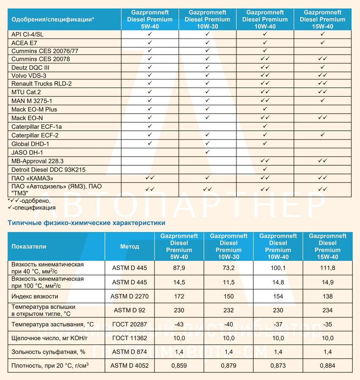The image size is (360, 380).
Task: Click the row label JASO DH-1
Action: click(x=27, y=152)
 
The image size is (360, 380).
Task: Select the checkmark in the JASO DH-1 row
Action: click(x=208, y=152)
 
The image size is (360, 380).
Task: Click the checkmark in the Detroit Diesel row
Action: click(x=265, y=169)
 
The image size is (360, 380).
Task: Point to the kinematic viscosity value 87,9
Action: click(x=179, y=268)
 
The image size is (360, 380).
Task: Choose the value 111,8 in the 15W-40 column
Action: click(x=327, y=268)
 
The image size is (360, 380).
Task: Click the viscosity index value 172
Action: click(x=179, y=296)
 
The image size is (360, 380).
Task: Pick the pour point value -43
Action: click(x=179, y=324)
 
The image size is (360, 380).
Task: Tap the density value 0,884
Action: click(x=327, y=366)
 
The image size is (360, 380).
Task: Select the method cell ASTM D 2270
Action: click(x=129, y=296)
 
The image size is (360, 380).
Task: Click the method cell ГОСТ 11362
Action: click(x=129, y=338)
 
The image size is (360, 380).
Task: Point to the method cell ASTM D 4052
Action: click(x=129, y=366)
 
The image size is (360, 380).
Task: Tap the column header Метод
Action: click(x=129, y=246)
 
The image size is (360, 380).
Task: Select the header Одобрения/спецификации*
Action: click(x=53, y=19)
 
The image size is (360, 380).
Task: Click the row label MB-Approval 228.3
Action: click(x=38, y=161)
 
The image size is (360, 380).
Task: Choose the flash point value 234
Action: click(x=327, y=310)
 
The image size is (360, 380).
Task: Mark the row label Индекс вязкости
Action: click(x=35, y=296)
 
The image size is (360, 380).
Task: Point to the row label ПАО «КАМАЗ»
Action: click(x=32, y=178)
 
